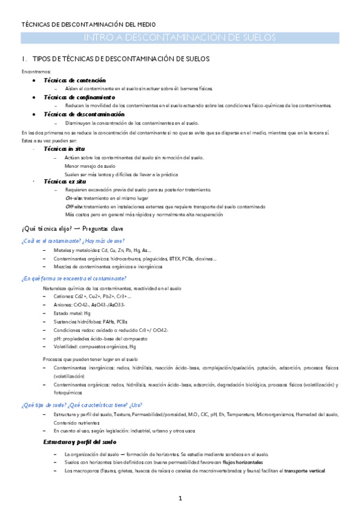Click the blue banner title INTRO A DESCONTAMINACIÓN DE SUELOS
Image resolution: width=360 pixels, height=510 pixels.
[x=180, y=37]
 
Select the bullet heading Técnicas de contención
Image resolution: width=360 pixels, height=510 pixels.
[x=75, y=80]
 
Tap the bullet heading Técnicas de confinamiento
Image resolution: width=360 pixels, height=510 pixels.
[x=79, y=97]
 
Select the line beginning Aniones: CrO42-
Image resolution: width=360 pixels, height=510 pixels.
[x=89, y=305]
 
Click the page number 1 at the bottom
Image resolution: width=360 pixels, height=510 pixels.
[x=180, y=499]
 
